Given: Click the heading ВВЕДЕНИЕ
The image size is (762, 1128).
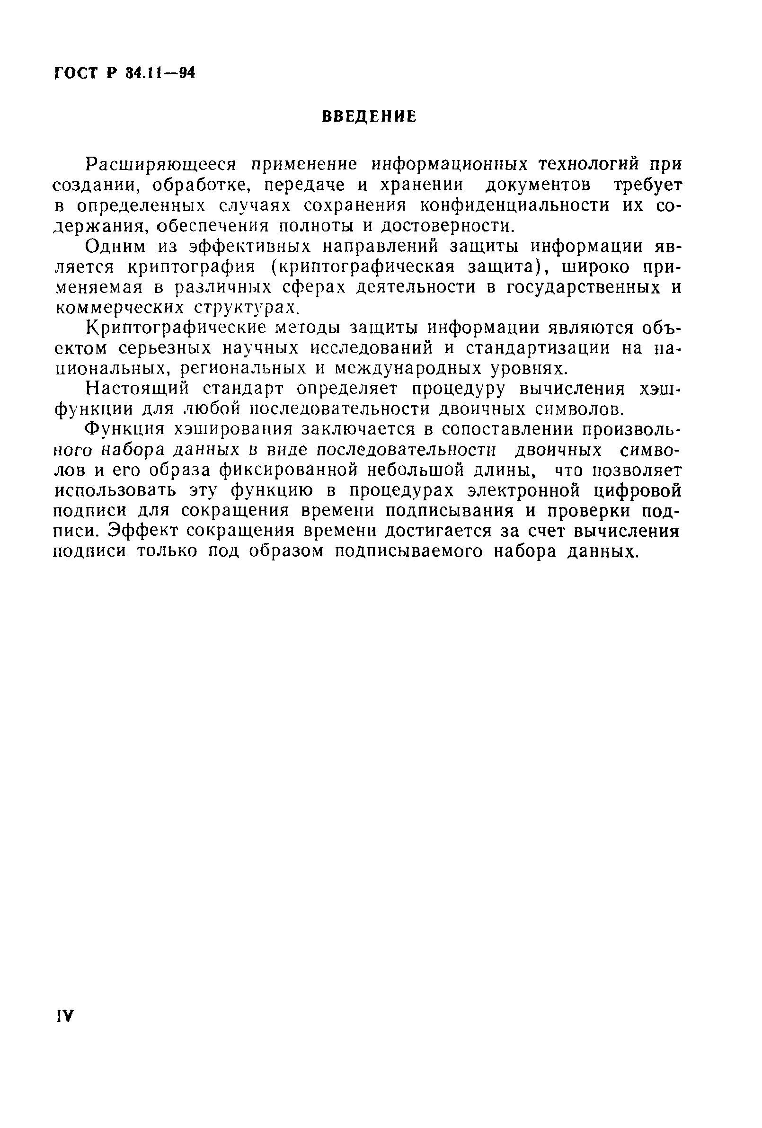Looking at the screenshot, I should coord(369,117).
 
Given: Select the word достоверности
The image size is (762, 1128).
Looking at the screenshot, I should coord(446,226).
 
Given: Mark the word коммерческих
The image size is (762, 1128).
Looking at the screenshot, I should coord(119,308).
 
